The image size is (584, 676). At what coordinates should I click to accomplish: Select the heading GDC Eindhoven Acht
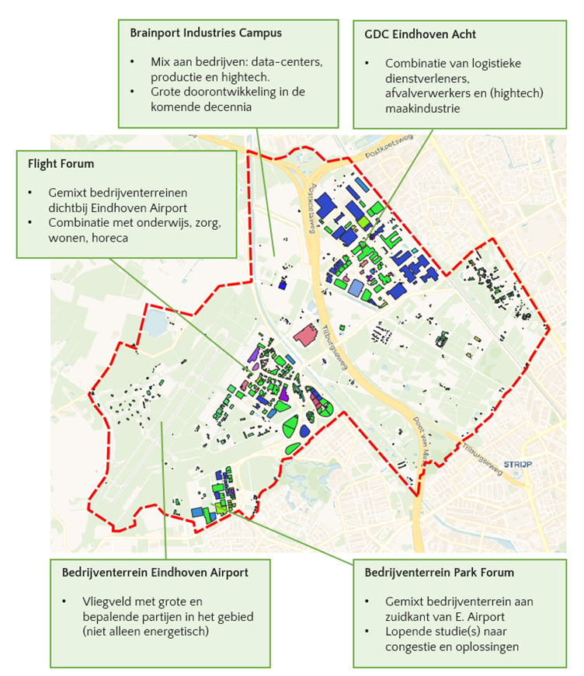tap(421, 33)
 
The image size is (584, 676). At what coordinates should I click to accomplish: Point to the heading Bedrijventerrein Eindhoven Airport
tap(155, 573)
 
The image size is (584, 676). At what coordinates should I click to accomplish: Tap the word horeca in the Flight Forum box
tap(113, 238)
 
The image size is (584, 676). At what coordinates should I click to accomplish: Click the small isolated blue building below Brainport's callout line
tap(282, 285)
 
